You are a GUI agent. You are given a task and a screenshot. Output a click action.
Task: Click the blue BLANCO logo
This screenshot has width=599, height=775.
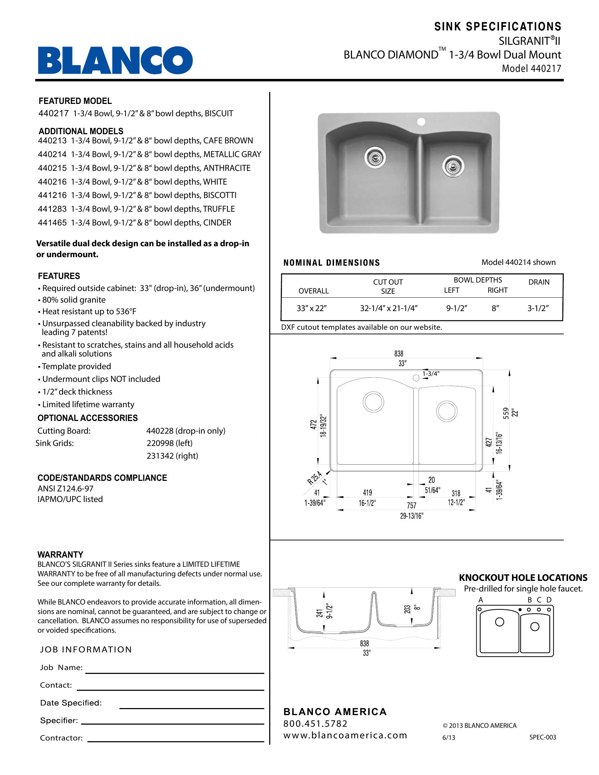(115, 60)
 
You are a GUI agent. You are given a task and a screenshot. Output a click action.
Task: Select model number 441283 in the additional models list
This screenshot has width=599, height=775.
(52, 209)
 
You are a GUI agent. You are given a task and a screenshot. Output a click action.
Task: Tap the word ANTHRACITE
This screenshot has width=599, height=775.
(227, 168)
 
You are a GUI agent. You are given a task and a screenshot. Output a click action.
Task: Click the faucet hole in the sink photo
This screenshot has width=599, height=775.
(421, 122)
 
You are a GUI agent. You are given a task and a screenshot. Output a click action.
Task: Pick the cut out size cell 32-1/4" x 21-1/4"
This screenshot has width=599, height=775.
(389, 308)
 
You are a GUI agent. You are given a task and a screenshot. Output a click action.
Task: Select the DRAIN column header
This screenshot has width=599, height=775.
(539, 282)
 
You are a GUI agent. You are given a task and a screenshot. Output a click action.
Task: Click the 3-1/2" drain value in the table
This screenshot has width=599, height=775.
(538, 308)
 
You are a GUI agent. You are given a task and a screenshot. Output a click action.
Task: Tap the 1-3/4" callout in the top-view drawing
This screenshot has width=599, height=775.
(431, 373)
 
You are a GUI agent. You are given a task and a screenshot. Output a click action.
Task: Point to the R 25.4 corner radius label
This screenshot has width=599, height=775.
(314, 478)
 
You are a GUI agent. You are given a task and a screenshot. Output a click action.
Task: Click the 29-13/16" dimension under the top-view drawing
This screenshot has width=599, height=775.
(412, 516)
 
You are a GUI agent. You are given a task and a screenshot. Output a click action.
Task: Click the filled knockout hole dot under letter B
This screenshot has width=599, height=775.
(520, 610)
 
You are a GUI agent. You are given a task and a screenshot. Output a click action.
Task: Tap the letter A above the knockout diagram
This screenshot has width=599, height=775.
(481, 600)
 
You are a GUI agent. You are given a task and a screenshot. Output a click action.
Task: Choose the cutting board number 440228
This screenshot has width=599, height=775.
(160, 431)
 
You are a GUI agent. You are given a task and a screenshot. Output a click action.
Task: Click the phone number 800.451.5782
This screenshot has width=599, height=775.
(315, 723)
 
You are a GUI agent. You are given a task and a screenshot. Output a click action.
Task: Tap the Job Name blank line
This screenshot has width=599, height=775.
(174, 672)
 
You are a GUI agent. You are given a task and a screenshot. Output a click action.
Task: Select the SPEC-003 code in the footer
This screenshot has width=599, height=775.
(543, 737)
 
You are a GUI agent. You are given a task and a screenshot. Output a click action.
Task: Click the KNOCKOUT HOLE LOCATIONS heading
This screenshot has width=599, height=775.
(523, 578)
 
